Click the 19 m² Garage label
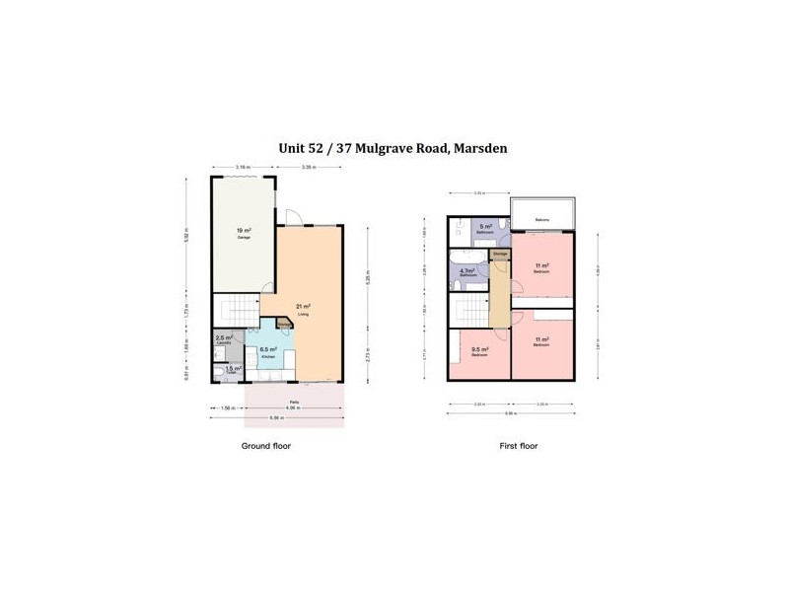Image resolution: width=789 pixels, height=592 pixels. (242, 234)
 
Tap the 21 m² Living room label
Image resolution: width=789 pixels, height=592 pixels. (304, 310)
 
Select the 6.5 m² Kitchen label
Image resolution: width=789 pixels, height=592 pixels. (266, 351)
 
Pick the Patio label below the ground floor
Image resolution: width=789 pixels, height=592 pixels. (294, 403)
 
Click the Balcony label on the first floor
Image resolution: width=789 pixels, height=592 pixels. (541, 219)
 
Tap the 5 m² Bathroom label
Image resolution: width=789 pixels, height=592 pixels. (485, 229)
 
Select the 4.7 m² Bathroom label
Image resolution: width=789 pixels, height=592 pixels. (468, 271)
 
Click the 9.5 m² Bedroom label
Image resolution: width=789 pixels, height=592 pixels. (479, 350)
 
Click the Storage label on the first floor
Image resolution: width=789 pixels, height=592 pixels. (500, 255)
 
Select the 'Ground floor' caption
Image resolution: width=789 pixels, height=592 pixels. (266, 446)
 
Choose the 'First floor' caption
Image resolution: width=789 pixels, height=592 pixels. (518, 446)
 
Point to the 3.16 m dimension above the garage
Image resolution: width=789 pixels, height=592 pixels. (242, 168)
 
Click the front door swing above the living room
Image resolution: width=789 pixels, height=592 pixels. (293, 217)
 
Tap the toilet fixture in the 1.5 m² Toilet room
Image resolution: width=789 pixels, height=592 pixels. (218, 374)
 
